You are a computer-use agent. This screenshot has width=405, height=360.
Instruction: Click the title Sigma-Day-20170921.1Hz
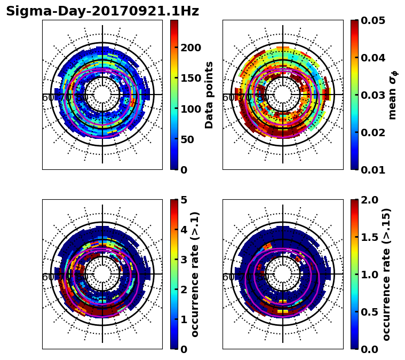(102, 11)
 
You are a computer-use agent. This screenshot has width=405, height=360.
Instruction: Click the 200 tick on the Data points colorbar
(190, 48)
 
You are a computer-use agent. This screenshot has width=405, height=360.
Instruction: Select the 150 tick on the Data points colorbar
(190, 78)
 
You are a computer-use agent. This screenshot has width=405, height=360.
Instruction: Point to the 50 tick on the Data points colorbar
(190, 139)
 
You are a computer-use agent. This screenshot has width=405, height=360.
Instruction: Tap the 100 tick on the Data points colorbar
(190, 109)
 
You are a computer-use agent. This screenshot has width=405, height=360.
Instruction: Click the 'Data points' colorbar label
(210, 95)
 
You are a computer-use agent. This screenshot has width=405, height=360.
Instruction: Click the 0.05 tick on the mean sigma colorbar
(374, 20)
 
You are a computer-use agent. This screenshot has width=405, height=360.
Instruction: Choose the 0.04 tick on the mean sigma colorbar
(374, 58)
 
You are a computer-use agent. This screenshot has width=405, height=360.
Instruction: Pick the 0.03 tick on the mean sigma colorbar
(374, 95)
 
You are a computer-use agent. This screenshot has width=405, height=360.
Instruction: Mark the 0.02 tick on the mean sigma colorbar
(374, 132)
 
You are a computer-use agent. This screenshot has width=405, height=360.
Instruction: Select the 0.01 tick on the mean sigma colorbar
(374, 170)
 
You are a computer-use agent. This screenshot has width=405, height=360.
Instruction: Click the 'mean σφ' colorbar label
(393, 95)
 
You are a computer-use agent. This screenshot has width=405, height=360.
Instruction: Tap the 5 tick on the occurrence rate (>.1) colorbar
(184, 200)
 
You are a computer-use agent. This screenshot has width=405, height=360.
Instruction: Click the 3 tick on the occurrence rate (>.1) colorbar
(184, 260)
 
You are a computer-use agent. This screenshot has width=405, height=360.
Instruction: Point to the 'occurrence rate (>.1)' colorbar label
(195, 274)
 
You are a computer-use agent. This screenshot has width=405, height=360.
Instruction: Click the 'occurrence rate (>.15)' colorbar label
(387, 274)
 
